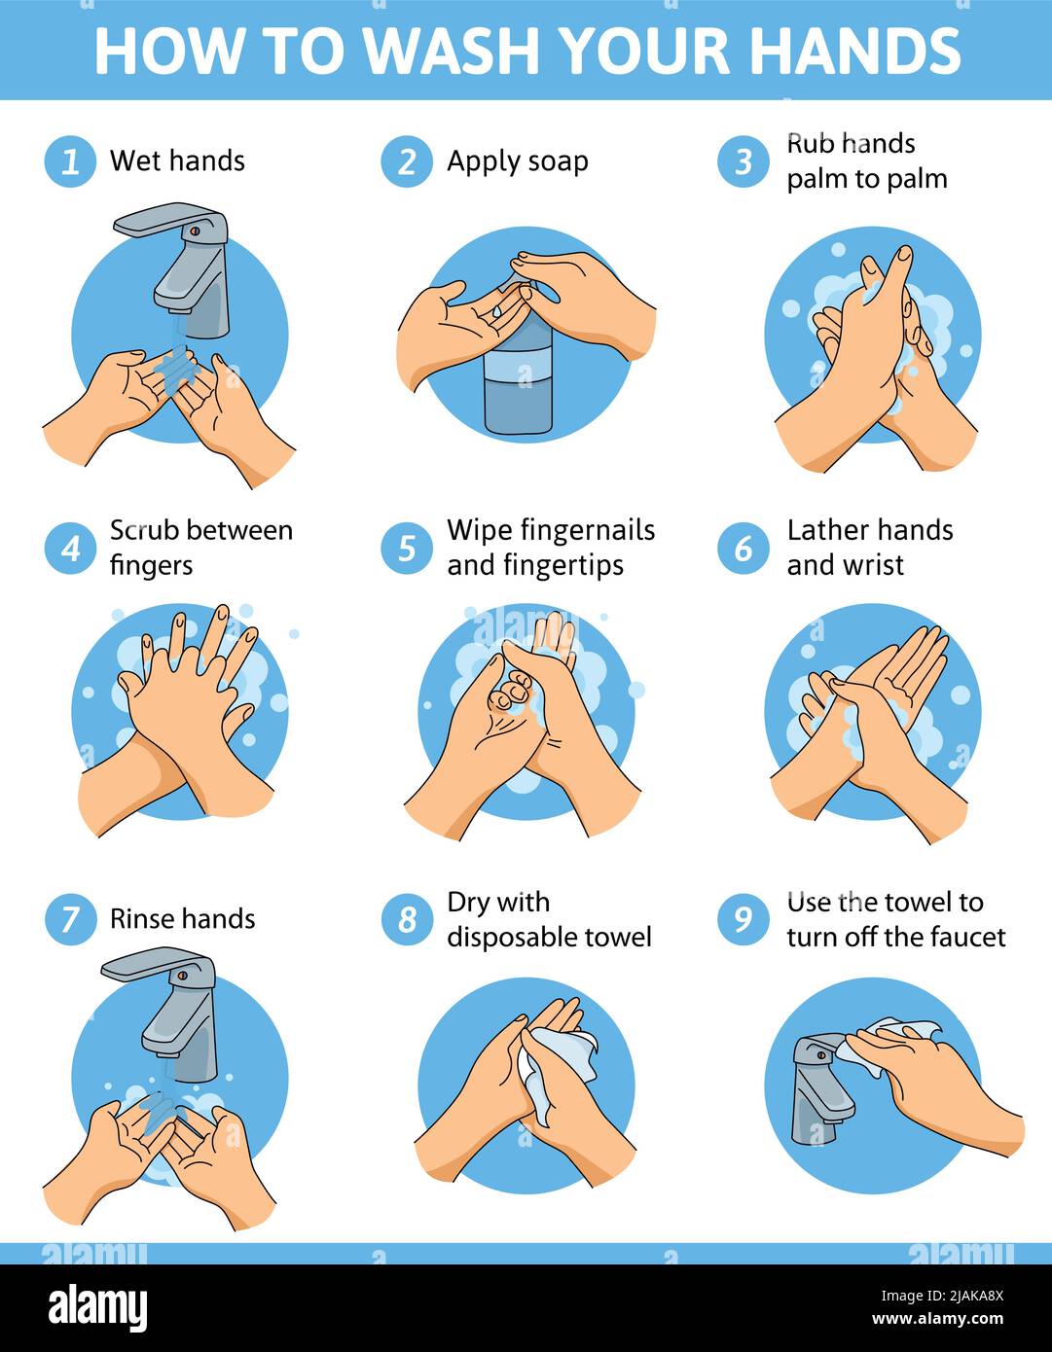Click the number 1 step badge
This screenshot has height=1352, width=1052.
70,160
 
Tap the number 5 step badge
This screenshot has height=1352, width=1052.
407,549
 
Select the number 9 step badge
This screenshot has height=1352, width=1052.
744,919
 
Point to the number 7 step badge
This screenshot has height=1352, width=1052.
70,919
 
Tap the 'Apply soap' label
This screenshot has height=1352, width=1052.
517,161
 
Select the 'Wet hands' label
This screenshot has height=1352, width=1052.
177,160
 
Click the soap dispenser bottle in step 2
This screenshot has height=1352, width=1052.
518,379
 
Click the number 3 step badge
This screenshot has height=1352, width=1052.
744,160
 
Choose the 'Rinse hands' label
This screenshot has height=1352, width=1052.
182,919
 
